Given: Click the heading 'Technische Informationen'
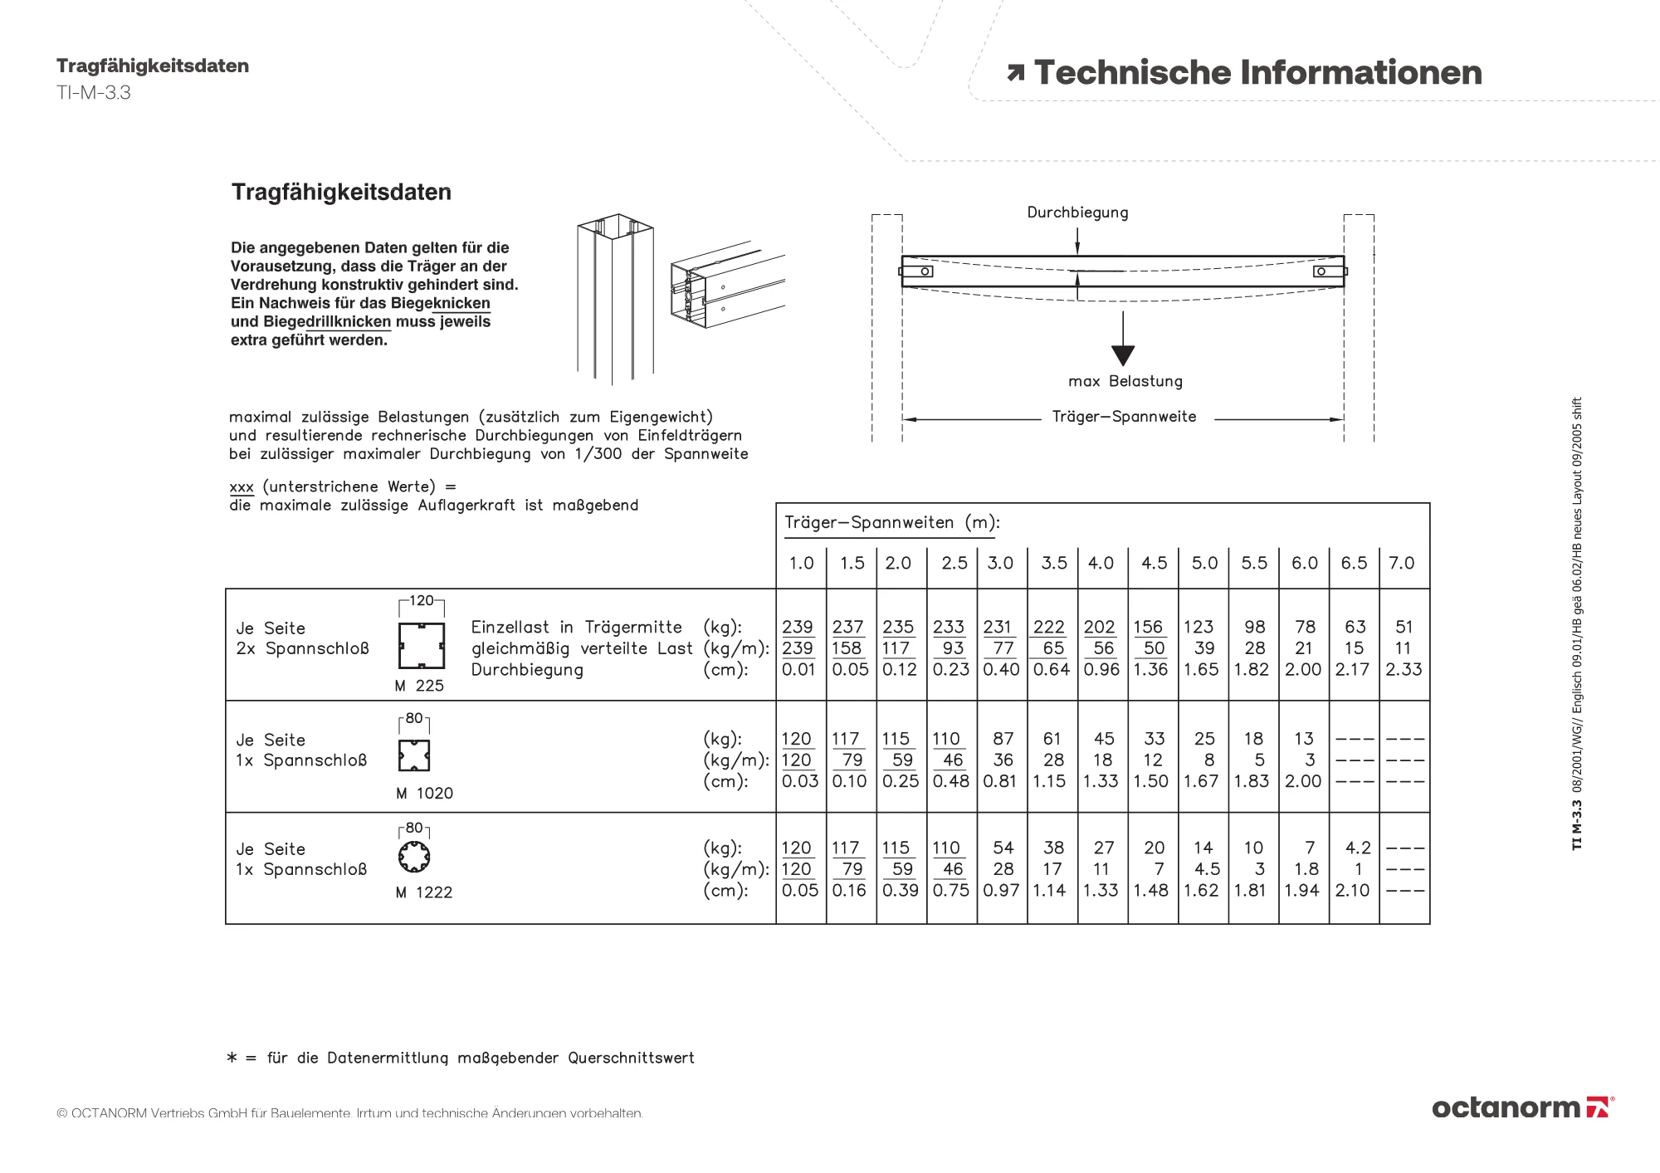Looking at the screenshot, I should click(x=1257, y=73).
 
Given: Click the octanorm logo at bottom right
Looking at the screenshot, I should click(x=1522, y=1107).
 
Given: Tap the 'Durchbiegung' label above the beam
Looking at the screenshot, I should click(x=1077, y=213).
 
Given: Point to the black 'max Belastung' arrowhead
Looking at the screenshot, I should click(x=1122, y=355).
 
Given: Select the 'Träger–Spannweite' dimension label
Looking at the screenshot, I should click(x=1124, y=417).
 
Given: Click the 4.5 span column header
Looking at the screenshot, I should click(x=1154, y=563).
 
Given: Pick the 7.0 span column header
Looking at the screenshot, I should click(x=1402, y=563).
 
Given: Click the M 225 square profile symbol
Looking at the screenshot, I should click(x=422, y=646).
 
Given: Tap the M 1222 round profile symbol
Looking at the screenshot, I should click(x=414, y=857).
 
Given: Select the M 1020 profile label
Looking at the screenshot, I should click(x=424, y=794).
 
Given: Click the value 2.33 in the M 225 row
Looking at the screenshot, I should click(x=1404, y=669).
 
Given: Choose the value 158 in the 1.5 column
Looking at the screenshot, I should click(x=847, y=648).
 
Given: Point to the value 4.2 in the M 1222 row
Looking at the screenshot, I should click(x=1358, y=848).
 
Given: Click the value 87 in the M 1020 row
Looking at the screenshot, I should click(x=1003, y=739).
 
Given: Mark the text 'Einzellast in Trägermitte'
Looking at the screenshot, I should click(x=576, y=628).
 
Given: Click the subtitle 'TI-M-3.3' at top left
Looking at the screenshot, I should click(x=94, y=93).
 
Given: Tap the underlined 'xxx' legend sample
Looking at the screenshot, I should click(x=242, y=487).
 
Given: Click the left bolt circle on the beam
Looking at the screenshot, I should click(x=925, y=271).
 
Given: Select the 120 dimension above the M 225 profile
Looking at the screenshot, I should click(x=422, y=600).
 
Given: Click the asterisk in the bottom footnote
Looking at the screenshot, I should click(x=232, y=1058).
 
